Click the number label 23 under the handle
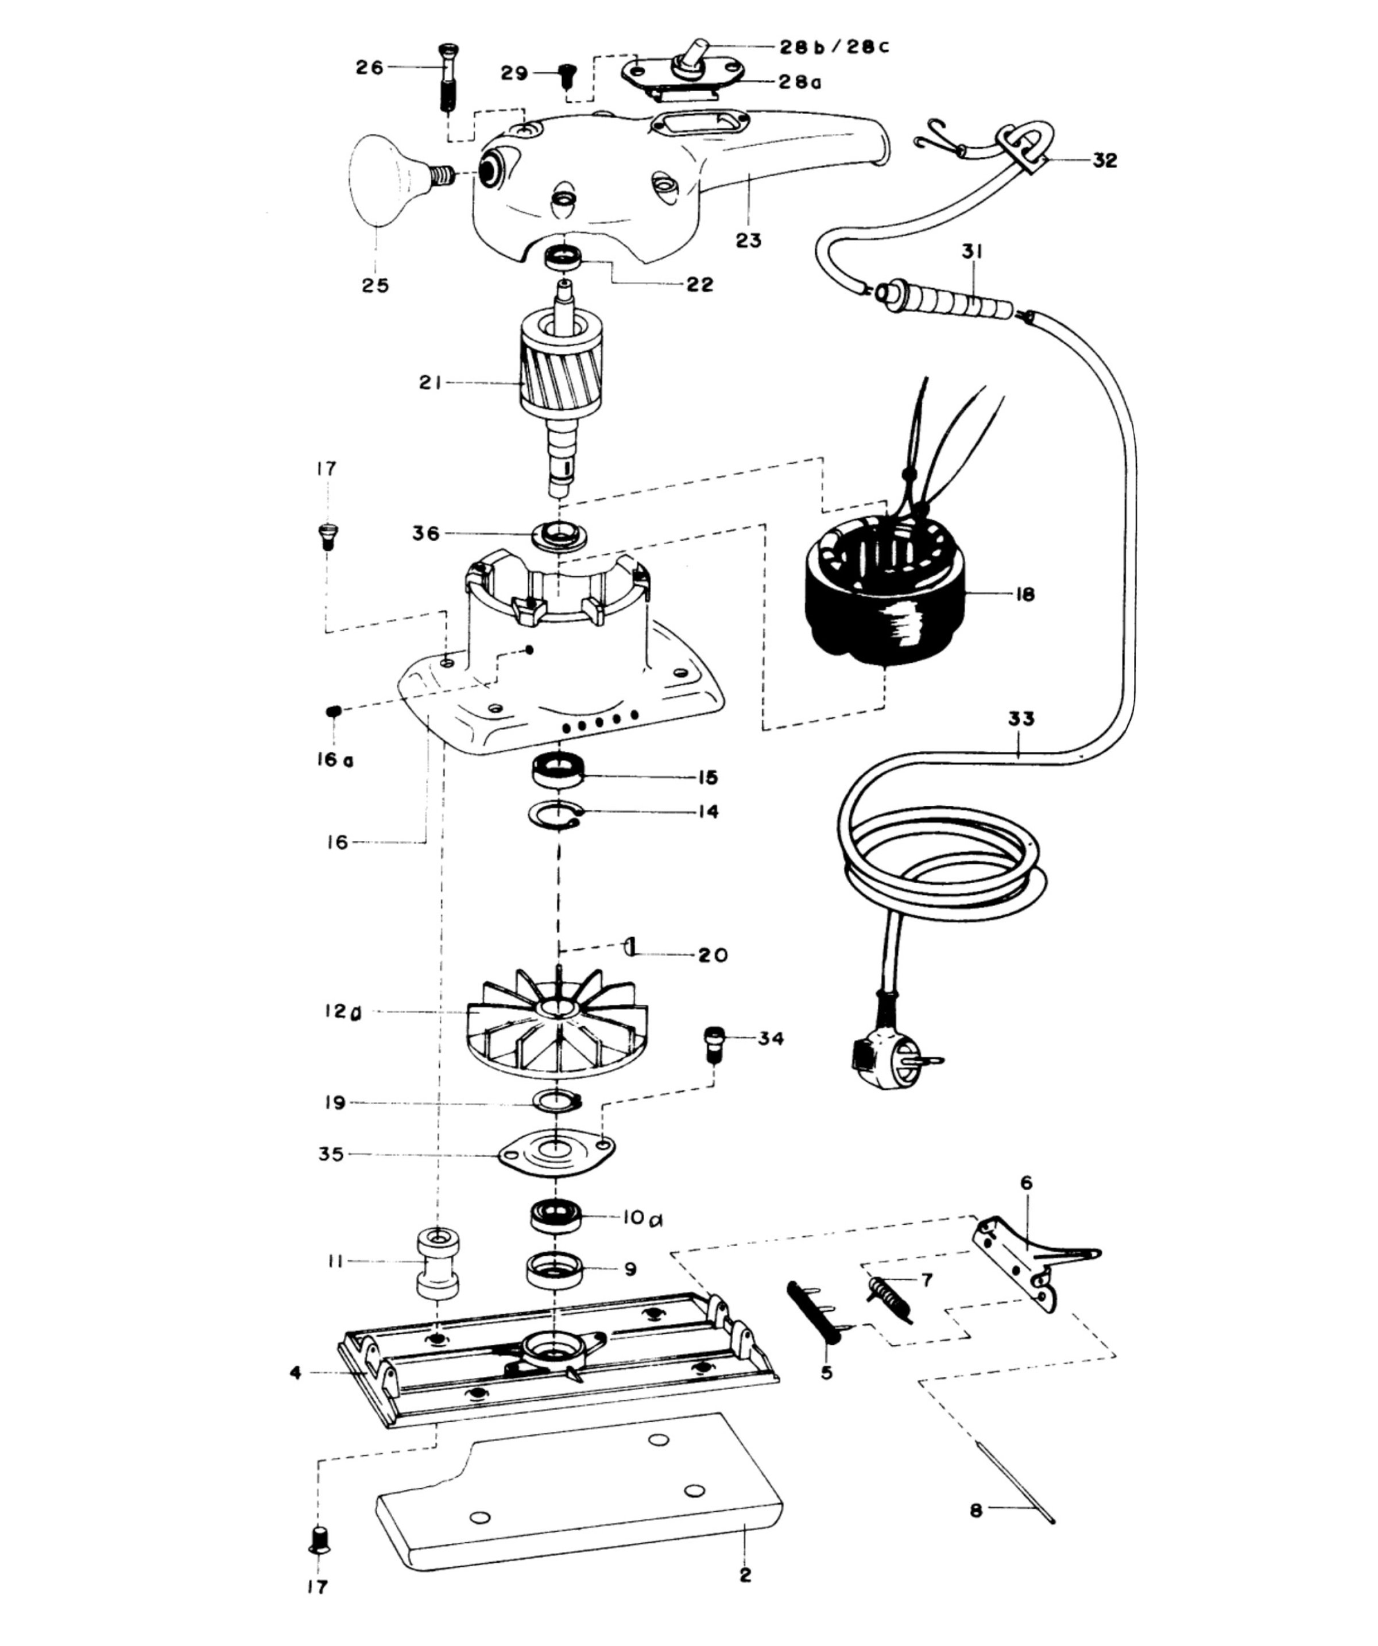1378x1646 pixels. [748, 240]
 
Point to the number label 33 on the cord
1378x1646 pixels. [1020, 718]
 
